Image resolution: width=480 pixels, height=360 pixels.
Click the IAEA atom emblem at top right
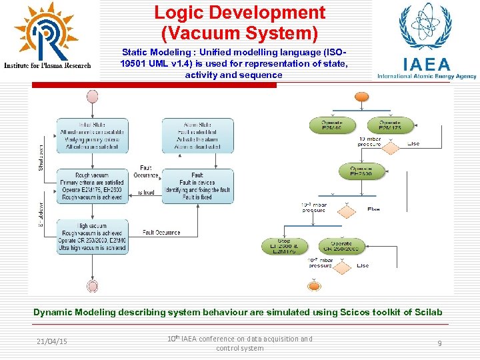pyautogui.click(x=425, y=27)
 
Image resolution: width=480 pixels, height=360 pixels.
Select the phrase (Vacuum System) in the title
pyautogui.click(x=239, y=31)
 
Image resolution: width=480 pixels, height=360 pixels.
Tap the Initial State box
pyautogui.click(x=92, y=135)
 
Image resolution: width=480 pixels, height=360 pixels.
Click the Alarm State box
pyautogui.click(x=197, y=135)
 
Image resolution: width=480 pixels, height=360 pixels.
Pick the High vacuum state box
pyautogui.click(x=92, y=237)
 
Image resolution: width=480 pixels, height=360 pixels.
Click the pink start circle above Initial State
pyautogui.click(x=92, y=96)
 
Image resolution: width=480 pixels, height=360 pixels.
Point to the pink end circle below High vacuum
pyautogui.click(x=92, y=286)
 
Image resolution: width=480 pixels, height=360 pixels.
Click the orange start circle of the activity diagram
pyautogui.click(x=361, y=97)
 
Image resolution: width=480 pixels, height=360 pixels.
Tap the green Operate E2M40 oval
pyautogui.click(x=333, y=125)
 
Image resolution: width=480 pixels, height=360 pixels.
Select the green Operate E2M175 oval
pyautogui.click(x=389, y=125)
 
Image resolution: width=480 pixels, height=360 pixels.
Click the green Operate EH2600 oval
pyautogui.click(x=361, y=171)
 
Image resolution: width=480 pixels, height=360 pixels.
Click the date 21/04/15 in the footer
pyautogui.click(x=52, y=341)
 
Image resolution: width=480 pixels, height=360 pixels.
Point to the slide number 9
pyautogui.click(x=439, y=343)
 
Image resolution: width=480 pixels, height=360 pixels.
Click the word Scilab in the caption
pyautogui.click(x=426, y=312)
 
